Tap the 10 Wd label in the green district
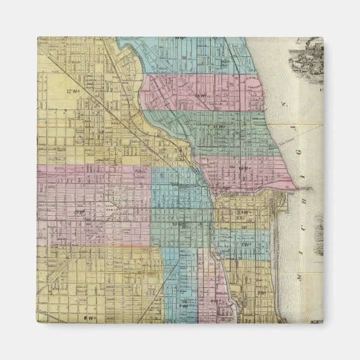[x=178, y=225]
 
